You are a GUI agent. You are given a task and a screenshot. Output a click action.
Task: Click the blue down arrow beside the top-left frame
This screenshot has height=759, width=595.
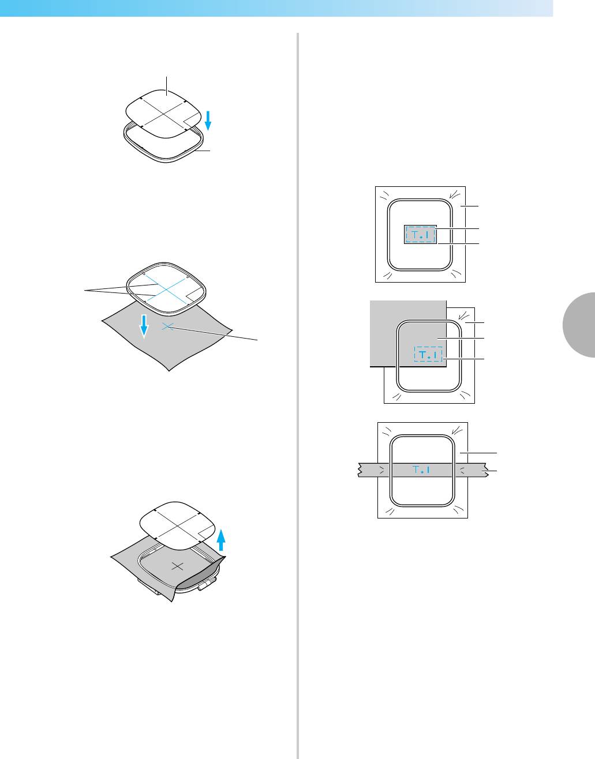208,122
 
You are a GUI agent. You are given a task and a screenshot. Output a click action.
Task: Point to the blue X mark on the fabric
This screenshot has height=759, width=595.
167,326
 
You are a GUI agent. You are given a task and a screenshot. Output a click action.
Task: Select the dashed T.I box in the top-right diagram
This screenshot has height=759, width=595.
420,235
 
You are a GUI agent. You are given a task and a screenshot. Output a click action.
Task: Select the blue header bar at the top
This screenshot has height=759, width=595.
277,8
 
